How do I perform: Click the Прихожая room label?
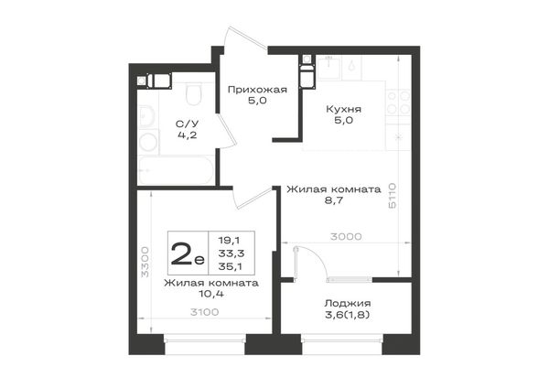click(x=257, y=90)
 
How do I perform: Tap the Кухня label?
click(x=343, y=109)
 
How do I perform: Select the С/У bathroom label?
click(x=187, y=124)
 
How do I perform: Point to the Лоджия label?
click(x=348, y=303)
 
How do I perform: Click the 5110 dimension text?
click(x=393, y=196)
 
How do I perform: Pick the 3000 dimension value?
click(x=346, y=237)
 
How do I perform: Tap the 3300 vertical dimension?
click(x=145, y=262)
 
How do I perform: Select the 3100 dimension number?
click(x=204, y=312)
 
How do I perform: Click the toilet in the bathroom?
click(x=194, y=93)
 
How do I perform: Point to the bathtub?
click(x=176, y=170)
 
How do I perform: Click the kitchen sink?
click(x=328, y=68)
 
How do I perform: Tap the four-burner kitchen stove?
click(x=398, y=102)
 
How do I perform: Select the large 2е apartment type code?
click(x=188, y=253)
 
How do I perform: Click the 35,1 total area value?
click(x=231, y=267)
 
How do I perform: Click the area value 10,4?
click(x=211, y=294)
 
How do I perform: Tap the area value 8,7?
click(x=334, y=200)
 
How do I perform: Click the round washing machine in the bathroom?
click(x=148, y=143)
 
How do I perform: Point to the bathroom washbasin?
click(x=146, y=116)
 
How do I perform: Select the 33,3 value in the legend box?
click(x=231, y=253)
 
